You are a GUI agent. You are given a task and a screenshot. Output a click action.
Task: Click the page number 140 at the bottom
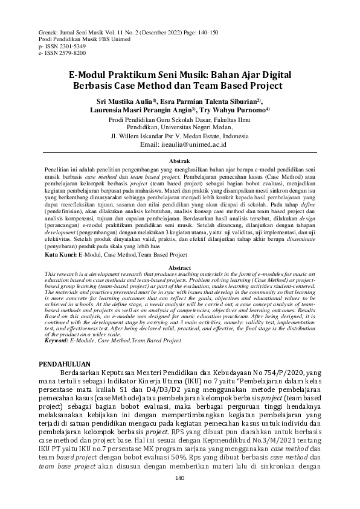179,479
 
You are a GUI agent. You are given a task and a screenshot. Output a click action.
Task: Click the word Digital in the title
271,74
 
